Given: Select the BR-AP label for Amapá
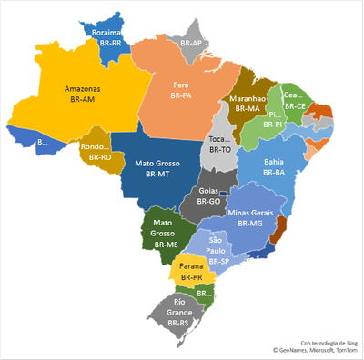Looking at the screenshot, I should [190, 43].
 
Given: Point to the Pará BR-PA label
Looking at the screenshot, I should [180, 89].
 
